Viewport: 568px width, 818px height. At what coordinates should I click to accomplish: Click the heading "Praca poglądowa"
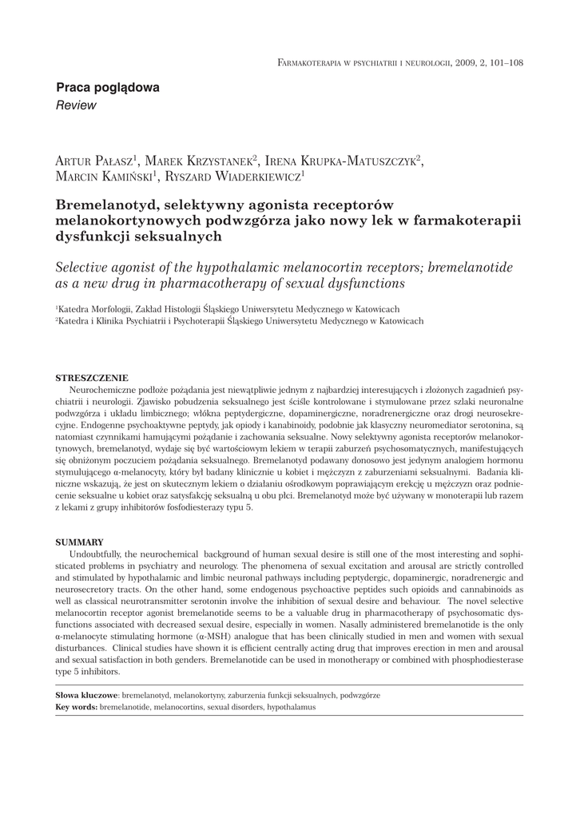107,88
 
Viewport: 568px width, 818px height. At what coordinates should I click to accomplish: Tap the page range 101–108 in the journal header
503,62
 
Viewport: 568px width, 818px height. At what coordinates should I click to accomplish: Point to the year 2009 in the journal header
468,62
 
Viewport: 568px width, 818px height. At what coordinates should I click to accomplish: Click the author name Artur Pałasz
95,161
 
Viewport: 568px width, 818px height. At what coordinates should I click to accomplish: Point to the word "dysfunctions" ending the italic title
366,283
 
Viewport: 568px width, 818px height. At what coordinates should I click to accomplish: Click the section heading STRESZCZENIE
91,377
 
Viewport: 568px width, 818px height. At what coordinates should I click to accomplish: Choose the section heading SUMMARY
79,542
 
